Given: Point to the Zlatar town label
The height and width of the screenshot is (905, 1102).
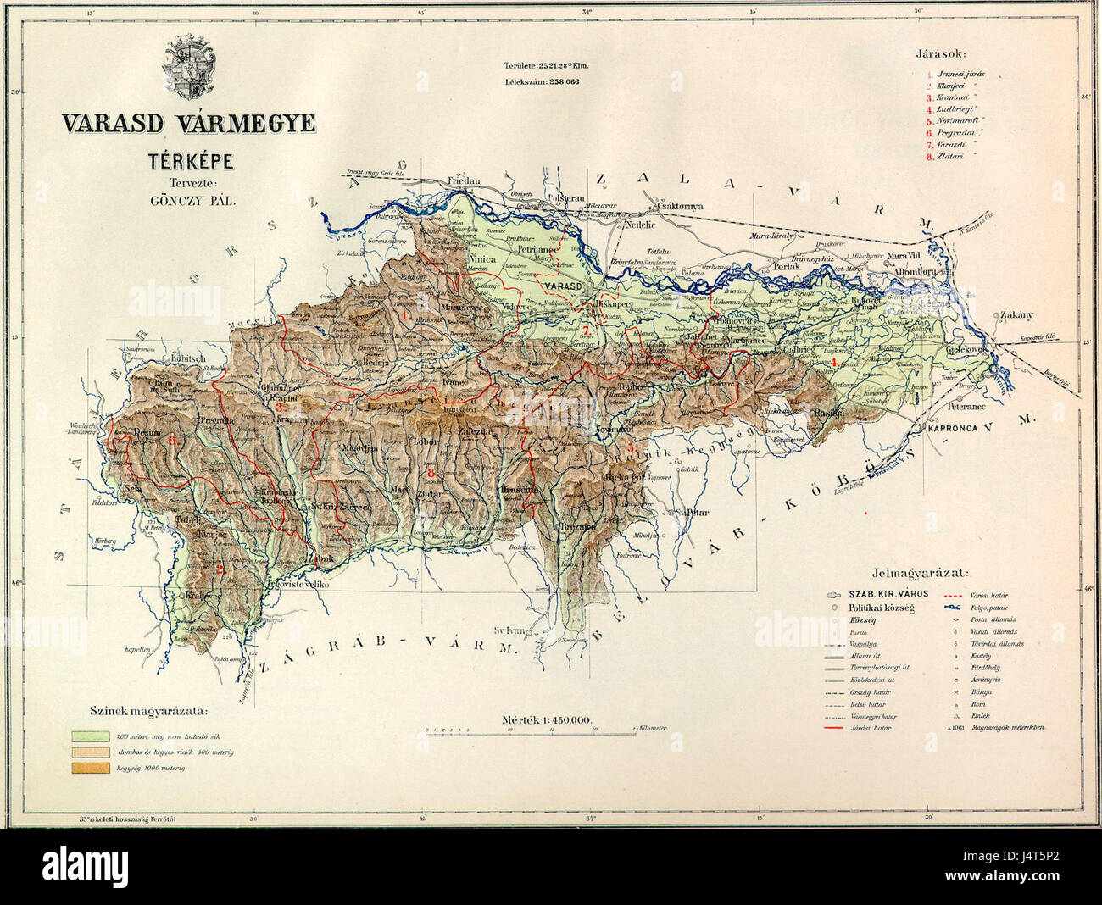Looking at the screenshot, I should point(430,492).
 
